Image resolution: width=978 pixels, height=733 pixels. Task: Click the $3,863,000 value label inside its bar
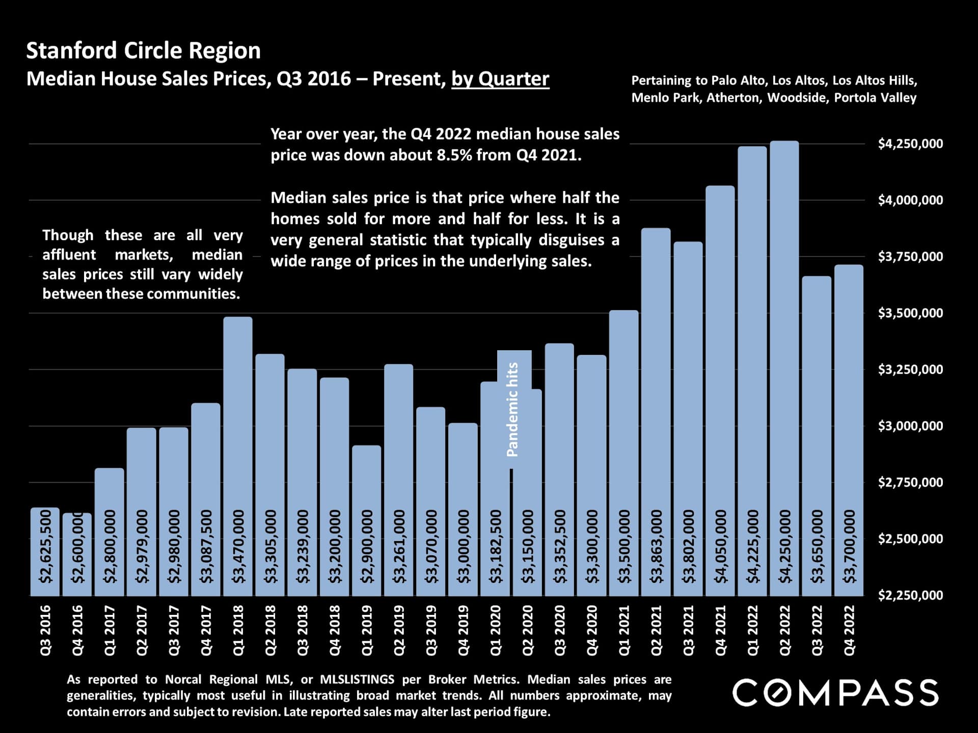656,547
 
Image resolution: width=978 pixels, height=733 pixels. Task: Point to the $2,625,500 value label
45,547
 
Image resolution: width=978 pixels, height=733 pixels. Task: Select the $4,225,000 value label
752,547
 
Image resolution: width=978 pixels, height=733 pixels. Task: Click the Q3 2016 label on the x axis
45,630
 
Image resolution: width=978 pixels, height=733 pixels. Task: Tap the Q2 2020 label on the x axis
527,630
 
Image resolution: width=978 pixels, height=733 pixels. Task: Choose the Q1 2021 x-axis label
623,630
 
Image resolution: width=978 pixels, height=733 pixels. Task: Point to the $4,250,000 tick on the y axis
910,144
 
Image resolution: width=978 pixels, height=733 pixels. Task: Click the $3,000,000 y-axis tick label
910,426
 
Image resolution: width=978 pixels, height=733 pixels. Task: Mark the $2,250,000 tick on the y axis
910,595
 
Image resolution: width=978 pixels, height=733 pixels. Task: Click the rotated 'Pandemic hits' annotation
512,409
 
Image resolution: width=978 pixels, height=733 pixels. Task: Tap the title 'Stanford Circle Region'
143,51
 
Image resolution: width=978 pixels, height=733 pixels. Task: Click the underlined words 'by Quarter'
500,79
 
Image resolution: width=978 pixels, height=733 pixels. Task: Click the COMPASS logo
835,692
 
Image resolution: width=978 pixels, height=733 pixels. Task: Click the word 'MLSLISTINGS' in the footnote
357,680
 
